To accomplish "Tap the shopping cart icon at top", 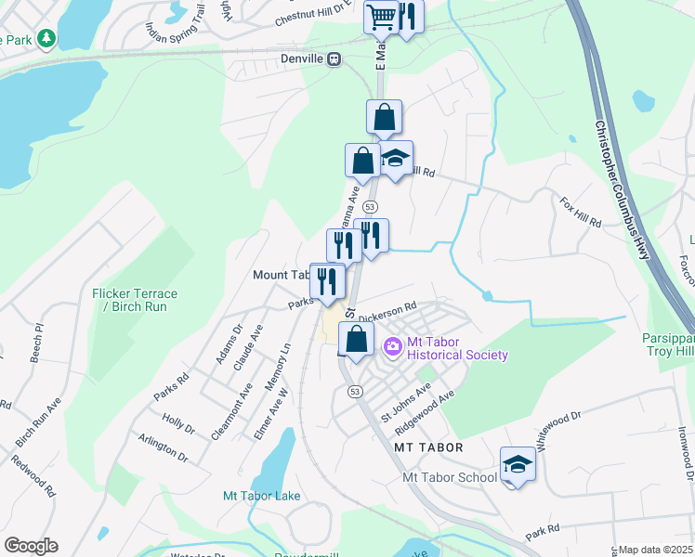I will (x=381, y=16).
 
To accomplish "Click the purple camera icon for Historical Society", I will (x=392, y=347).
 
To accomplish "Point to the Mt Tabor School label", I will (x=450, y=477).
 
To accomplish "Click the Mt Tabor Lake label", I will (x=262, y=496).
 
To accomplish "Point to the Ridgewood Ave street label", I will (x=424, y=407).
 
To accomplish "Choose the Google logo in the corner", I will (x=31, y=545).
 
